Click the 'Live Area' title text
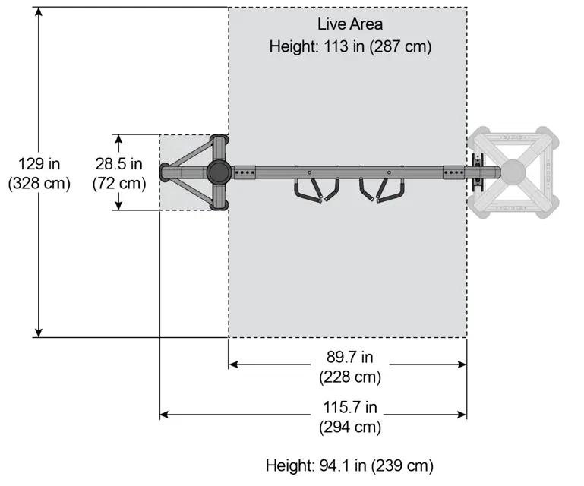[350, 24]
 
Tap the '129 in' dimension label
[39, 164]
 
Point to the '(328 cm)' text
[39, 183]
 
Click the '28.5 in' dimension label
[118, 164]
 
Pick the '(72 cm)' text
[118, 183]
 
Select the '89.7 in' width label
[350, 357]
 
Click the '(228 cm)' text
[350, 377]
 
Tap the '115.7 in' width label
[350, 407]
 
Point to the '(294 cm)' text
[350, 427]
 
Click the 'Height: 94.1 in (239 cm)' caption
[349, 466]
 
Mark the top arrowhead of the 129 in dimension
[39, 11]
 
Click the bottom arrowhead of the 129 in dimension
[39, 333]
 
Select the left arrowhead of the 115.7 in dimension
[164, 415]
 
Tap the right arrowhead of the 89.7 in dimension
[462, 364]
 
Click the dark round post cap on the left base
[219, 172]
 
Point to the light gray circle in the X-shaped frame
[513, 172]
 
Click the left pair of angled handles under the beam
[317, 190]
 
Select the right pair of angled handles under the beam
[382, 190]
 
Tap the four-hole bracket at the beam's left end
[245, 172]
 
